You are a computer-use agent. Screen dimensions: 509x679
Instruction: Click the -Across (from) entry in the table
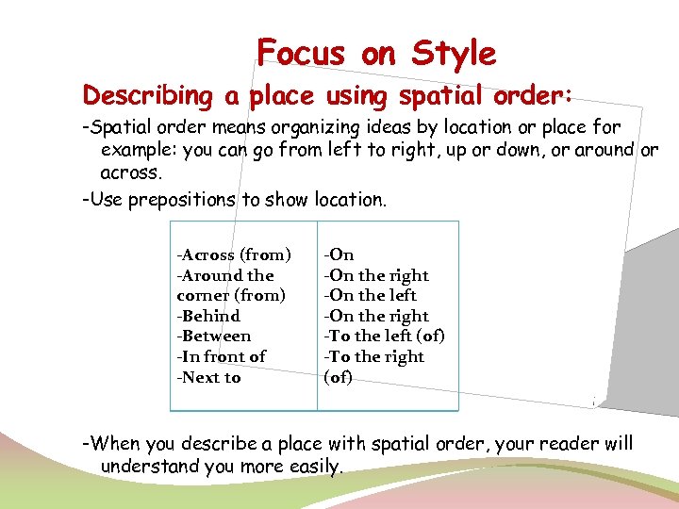tap(233, 254)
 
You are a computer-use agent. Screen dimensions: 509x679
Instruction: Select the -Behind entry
tap(208, 316)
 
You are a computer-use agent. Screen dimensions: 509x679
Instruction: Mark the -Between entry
tap(214, 337)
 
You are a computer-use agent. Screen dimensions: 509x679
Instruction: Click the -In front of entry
tap(222, 356)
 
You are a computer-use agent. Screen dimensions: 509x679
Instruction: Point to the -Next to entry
tap(208, 377)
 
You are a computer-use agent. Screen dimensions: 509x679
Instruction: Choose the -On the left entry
tap(371, 295)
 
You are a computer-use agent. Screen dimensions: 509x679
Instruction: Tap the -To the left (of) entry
tap(385, 337)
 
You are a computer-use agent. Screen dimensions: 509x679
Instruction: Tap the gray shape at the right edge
tap(651, 311)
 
